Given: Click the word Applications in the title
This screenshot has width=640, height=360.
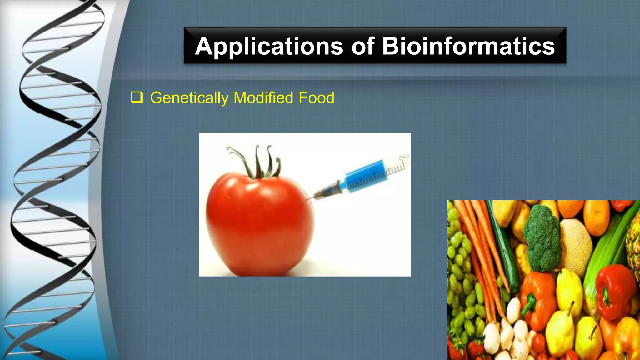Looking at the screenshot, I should [x=269, y=46].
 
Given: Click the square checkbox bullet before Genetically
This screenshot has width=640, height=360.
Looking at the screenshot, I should [x=137, y=97].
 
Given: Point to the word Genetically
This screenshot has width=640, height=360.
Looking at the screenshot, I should [x=189, y=98].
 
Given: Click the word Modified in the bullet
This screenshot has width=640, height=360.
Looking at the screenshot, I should [x=263, y=97].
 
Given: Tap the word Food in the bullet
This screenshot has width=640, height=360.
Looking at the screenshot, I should [x=316, y=97].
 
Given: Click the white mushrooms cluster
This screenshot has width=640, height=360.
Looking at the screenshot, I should [x=512, y=334].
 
